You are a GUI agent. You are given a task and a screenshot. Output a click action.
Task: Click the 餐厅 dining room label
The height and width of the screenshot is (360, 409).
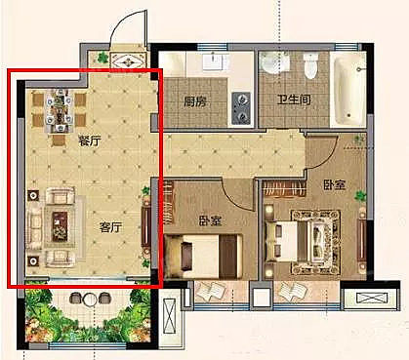[90, 140]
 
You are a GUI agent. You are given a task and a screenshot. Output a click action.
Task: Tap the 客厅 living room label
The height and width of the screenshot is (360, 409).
[110, 226]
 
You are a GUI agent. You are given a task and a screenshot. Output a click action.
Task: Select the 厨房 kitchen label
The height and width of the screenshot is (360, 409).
[195, 100]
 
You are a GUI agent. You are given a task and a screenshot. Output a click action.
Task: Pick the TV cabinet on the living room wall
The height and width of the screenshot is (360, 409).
[147, 229]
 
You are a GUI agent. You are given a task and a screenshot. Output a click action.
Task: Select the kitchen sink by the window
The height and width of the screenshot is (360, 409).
[214, 61]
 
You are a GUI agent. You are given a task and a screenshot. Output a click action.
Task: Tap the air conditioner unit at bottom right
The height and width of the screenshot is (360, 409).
[370, 300]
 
